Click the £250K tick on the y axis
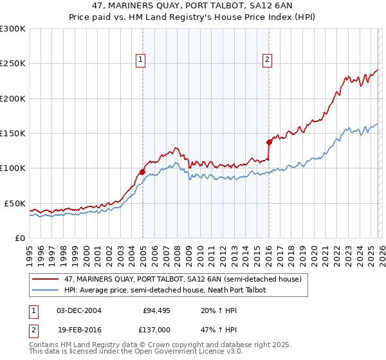[x=13, y=64]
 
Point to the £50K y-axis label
[x=15, y=203]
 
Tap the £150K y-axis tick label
[x=13, y=133]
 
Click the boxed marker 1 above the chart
[x=140, y=60]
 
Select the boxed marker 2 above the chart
[x=267, y=60]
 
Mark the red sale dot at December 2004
[x=142, y=172]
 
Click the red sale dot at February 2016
[x=269, y=143]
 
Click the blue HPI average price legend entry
[x=165, y=290]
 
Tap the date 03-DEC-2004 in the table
[x=79, y=310]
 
